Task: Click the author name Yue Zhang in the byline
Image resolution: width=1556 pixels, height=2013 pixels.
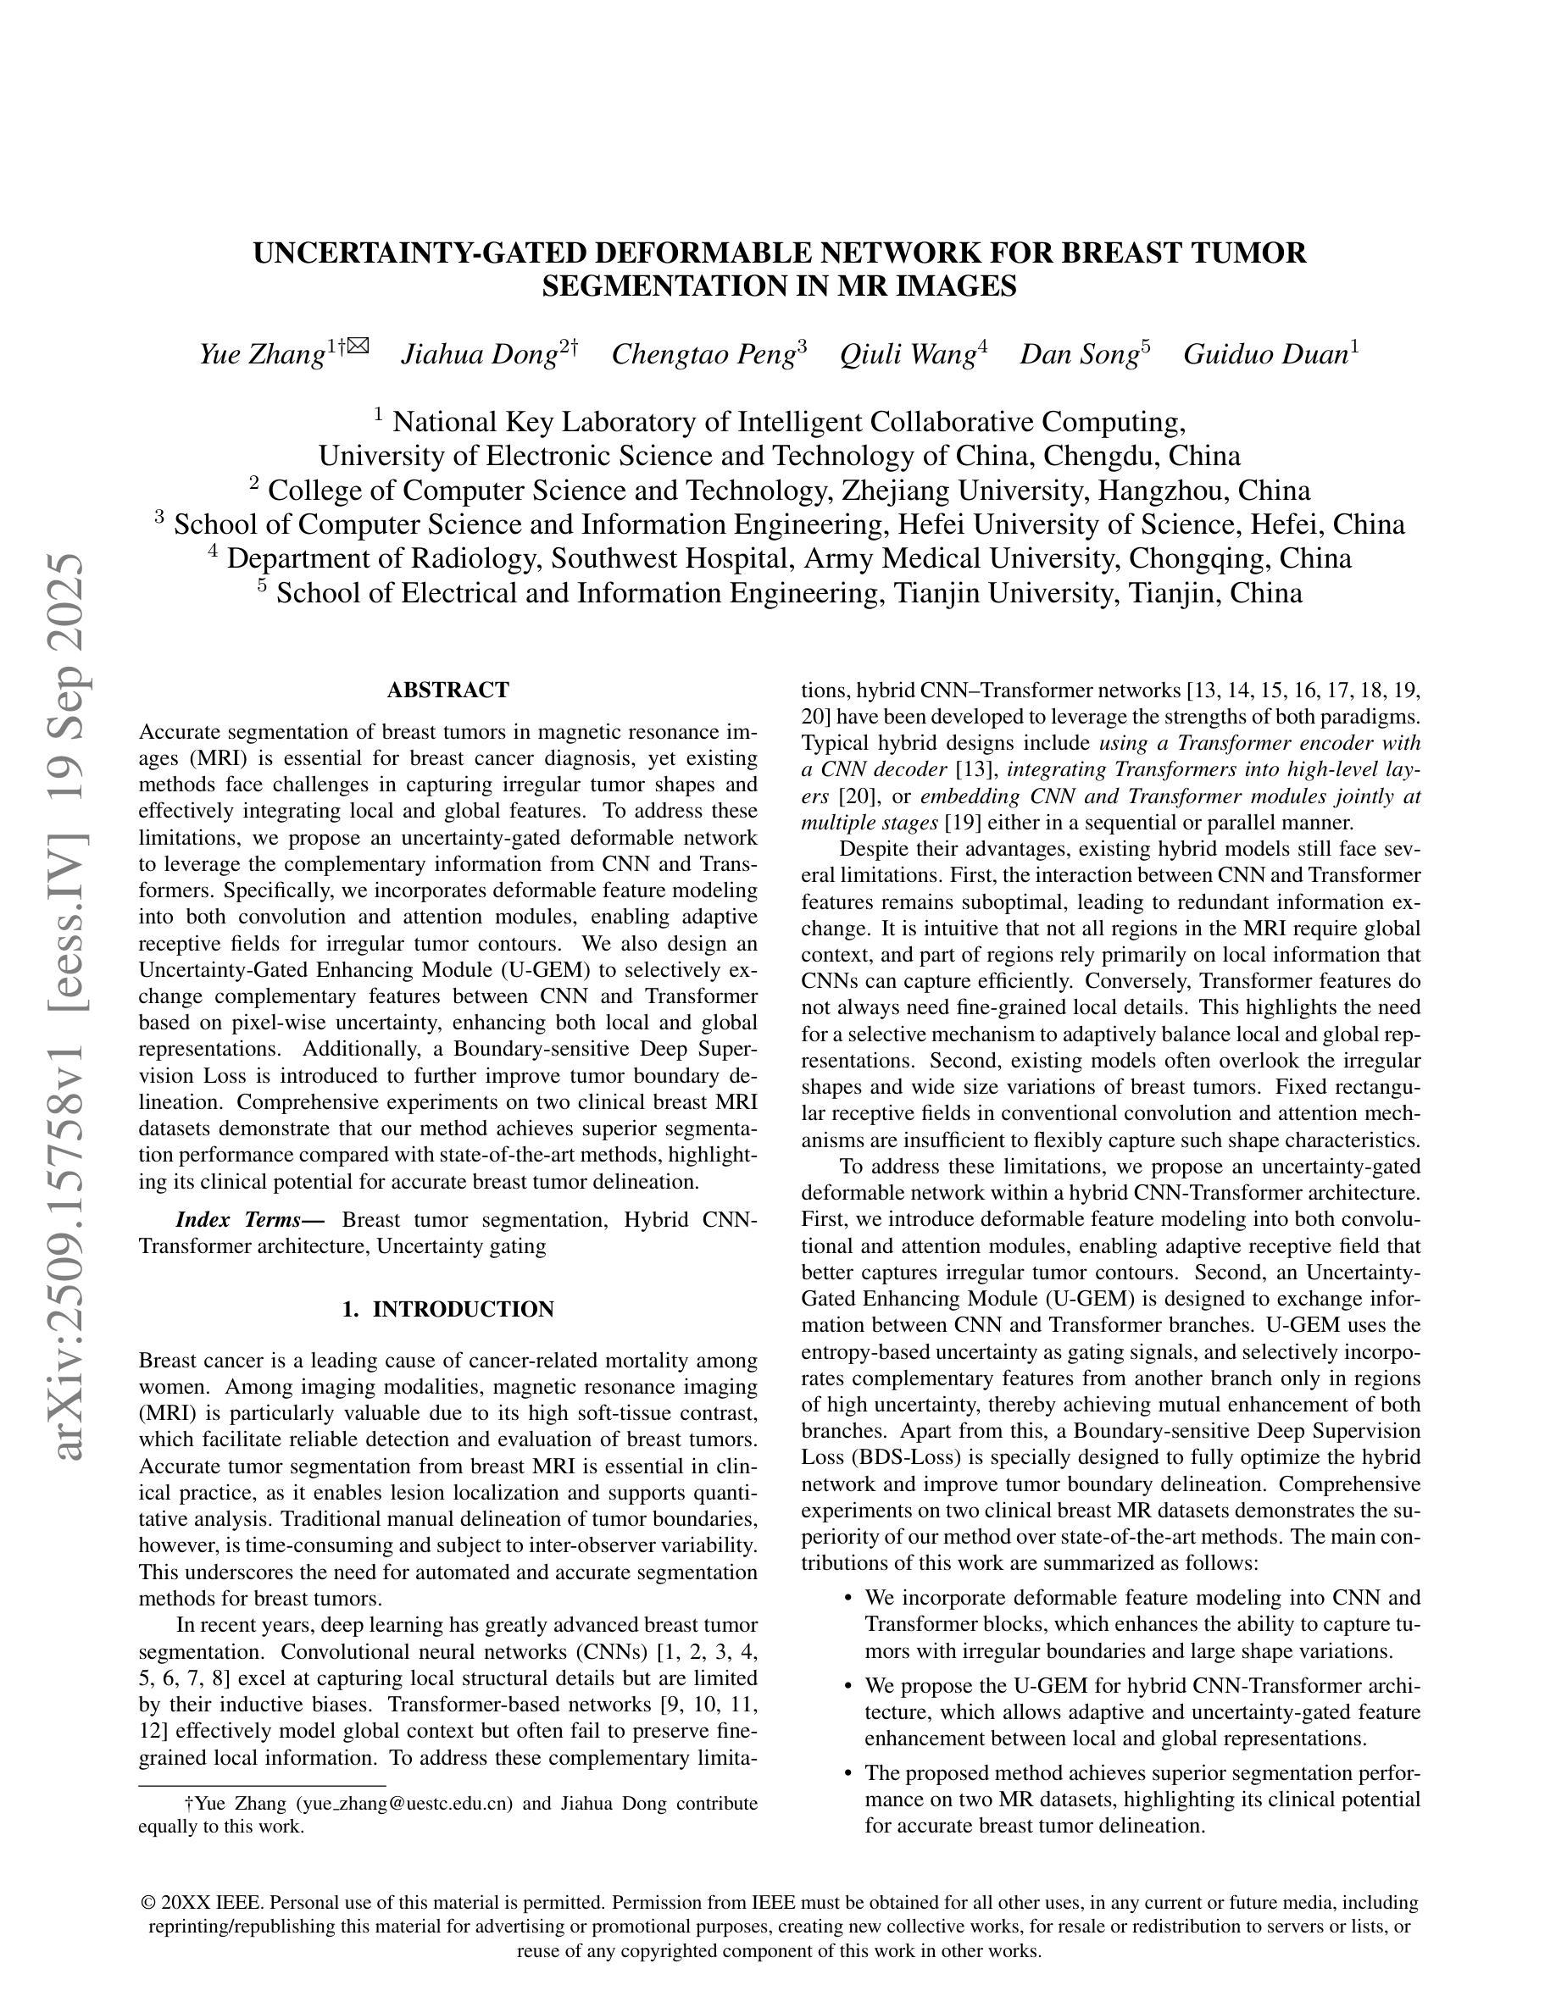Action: [x=262, y=354]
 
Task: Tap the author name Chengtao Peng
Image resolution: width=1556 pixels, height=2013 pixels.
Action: [x=703, y=354]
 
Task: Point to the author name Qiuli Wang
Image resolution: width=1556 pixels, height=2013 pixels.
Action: [x=907, y=354]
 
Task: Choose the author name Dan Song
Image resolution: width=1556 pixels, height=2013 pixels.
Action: [x=1079, y=354]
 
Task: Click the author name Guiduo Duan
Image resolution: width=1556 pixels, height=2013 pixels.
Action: [x=1264, y=354]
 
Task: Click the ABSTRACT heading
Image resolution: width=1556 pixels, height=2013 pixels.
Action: [x=448, y=690]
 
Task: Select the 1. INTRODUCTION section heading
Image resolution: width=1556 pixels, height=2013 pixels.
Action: [x=448, y=1309]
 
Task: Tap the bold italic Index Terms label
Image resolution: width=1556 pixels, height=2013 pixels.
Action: [x=250, y=1219]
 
